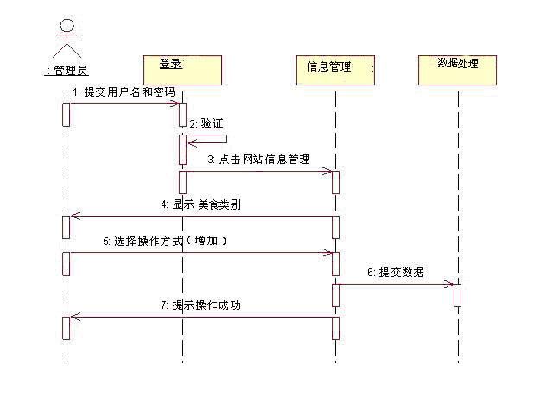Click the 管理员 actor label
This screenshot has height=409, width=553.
point(67,70)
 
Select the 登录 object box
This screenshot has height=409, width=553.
point(181,68)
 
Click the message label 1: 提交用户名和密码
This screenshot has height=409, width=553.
point(124,91)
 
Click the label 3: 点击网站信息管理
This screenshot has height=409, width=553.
point(258,160)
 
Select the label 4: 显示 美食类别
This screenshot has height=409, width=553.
point(200,204)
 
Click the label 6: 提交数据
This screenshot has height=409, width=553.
point(396,272)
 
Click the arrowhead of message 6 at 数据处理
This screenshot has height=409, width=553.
point(450,284)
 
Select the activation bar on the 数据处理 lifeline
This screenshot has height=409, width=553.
point(457,294)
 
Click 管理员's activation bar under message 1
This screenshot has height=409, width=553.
point(67,114)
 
